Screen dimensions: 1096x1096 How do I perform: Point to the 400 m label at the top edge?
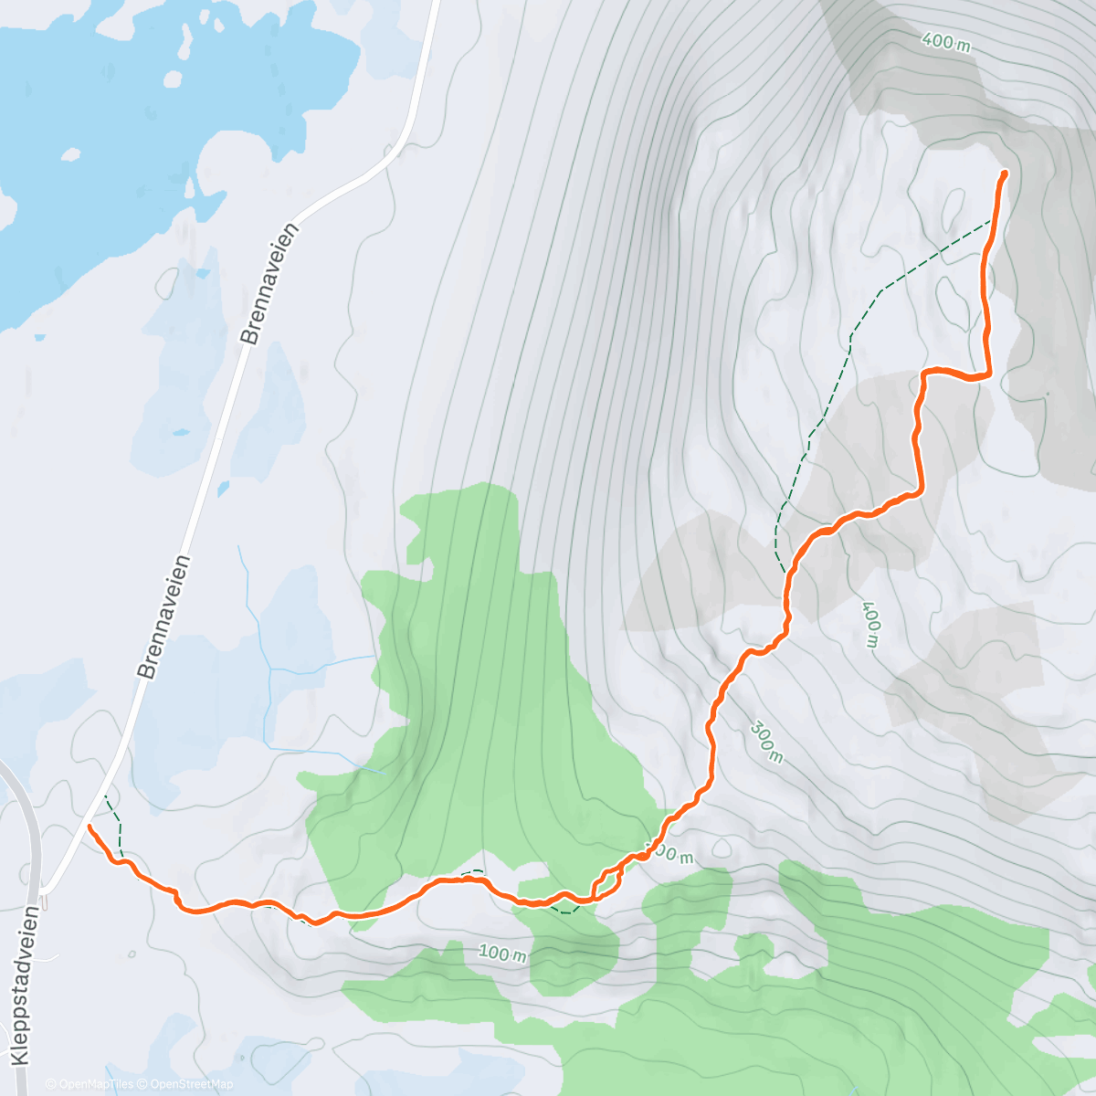pyautogui.click(x=946, y=41)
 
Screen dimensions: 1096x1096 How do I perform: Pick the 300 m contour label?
pyautogui.click(x=766, y=743)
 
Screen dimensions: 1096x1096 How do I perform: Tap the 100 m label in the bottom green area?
pyautogui.click(x=503, y=954)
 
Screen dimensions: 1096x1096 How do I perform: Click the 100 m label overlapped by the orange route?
pyautogui.click(x=671, y=855)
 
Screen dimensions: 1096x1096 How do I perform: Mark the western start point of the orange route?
pyautogui.click(x=90, y=827)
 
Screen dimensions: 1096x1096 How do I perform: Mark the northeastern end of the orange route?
pyautogui.click(x=1005, y=173)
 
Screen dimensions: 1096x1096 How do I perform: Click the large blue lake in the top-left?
pyautogui.click(x=137, y=119)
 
